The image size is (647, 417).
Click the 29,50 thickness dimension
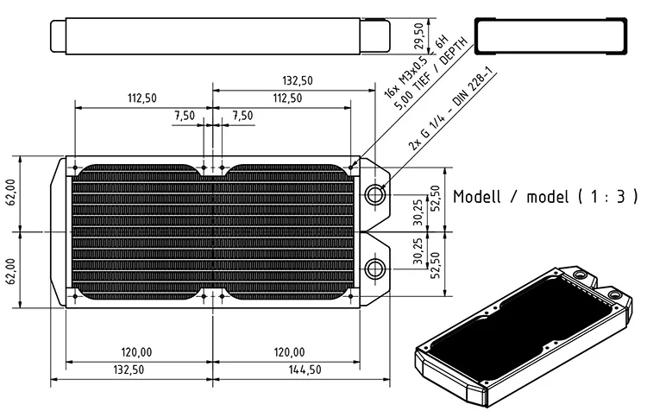coord(418,36)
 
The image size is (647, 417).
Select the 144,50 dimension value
coord(305,370)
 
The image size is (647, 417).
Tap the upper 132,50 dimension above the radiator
coord(297,80)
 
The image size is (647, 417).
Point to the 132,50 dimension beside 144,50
coord(129,370)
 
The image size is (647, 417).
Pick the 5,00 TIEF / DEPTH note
coord(431,74)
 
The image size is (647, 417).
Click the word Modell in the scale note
coord(476,197)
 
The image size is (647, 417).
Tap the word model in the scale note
coord(548,197)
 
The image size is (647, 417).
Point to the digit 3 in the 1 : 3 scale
coord(621,197)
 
